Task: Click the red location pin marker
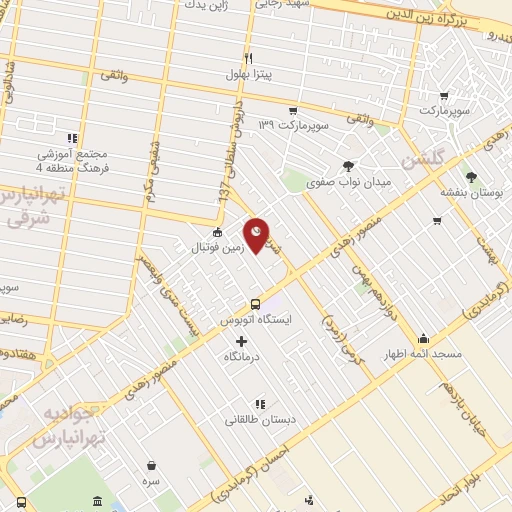[x=257, y=235]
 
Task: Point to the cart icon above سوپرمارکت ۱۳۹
[x=292, y=110]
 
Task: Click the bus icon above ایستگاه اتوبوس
[x=255, y=304]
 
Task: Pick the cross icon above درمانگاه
[x=241, y=341]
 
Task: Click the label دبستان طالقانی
[x=259, y=421]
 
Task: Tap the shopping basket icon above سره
[x=151, y=465]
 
